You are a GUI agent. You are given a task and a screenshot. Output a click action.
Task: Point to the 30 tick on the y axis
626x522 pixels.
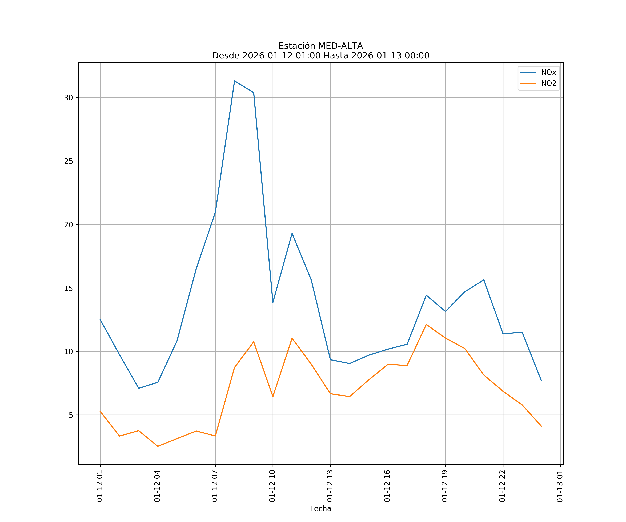69,98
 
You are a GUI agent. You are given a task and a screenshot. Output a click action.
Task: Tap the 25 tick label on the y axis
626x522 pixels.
69,161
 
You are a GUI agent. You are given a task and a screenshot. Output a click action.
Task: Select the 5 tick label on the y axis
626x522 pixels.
71,415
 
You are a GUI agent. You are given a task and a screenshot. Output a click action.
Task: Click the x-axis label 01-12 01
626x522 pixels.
100,486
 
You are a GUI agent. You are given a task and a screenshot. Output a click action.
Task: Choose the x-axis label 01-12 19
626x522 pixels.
445,486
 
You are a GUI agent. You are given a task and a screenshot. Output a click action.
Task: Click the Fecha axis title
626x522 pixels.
320,509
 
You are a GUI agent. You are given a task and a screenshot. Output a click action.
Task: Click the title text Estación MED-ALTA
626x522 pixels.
320,46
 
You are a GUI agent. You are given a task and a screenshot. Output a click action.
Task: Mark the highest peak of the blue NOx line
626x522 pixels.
235,81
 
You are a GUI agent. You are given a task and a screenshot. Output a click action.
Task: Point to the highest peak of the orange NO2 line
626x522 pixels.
426,324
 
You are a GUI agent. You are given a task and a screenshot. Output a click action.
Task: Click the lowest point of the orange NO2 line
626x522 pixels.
158,446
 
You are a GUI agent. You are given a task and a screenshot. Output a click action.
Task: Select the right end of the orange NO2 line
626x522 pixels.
541,426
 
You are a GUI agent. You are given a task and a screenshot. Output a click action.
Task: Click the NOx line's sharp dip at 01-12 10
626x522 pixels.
273,302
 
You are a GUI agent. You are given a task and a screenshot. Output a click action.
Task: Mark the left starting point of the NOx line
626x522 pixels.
100,319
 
